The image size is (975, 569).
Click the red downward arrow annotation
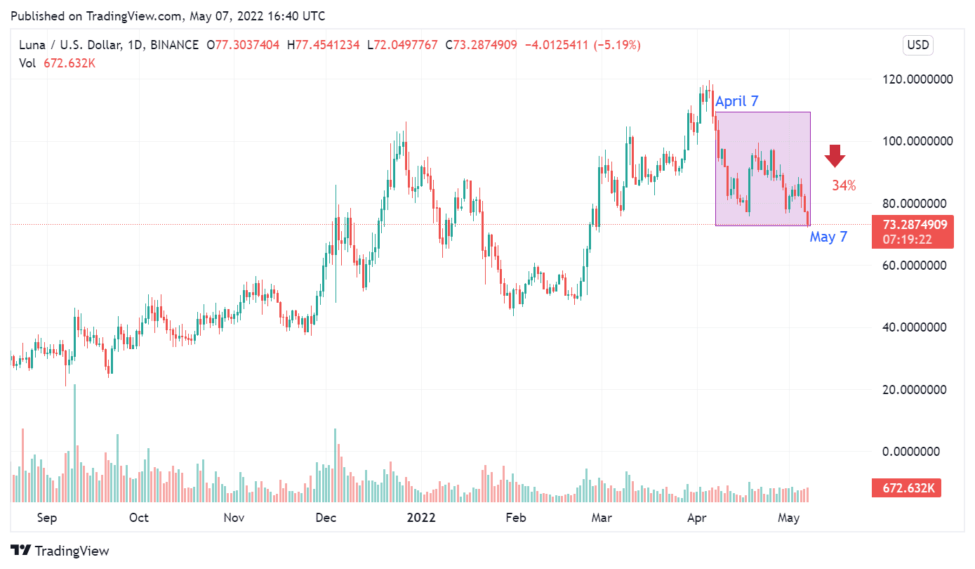[835, 156]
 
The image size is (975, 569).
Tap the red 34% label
[844, 186]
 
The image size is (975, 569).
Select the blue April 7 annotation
[736, 101]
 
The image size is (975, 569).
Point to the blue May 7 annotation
[828, 237]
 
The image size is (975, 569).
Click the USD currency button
[917, 46]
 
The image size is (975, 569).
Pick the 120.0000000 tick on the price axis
[917, 79]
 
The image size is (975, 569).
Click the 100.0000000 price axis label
[917, 141]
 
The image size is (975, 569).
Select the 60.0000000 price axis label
[917, 266]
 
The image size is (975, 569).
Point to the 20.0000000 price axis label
[917, 390]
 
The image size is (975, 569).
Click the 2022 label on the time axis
[422, 518]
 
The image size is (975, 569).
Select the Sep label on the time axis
[46, 518]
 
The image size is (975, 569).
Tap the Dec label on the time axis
[326, 518]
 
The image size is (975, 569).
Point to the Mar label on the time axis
[601, 518]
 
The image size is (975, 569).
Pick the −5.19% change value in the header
[617, 45]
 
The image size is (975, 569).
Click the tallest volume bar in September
[74, 443]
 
